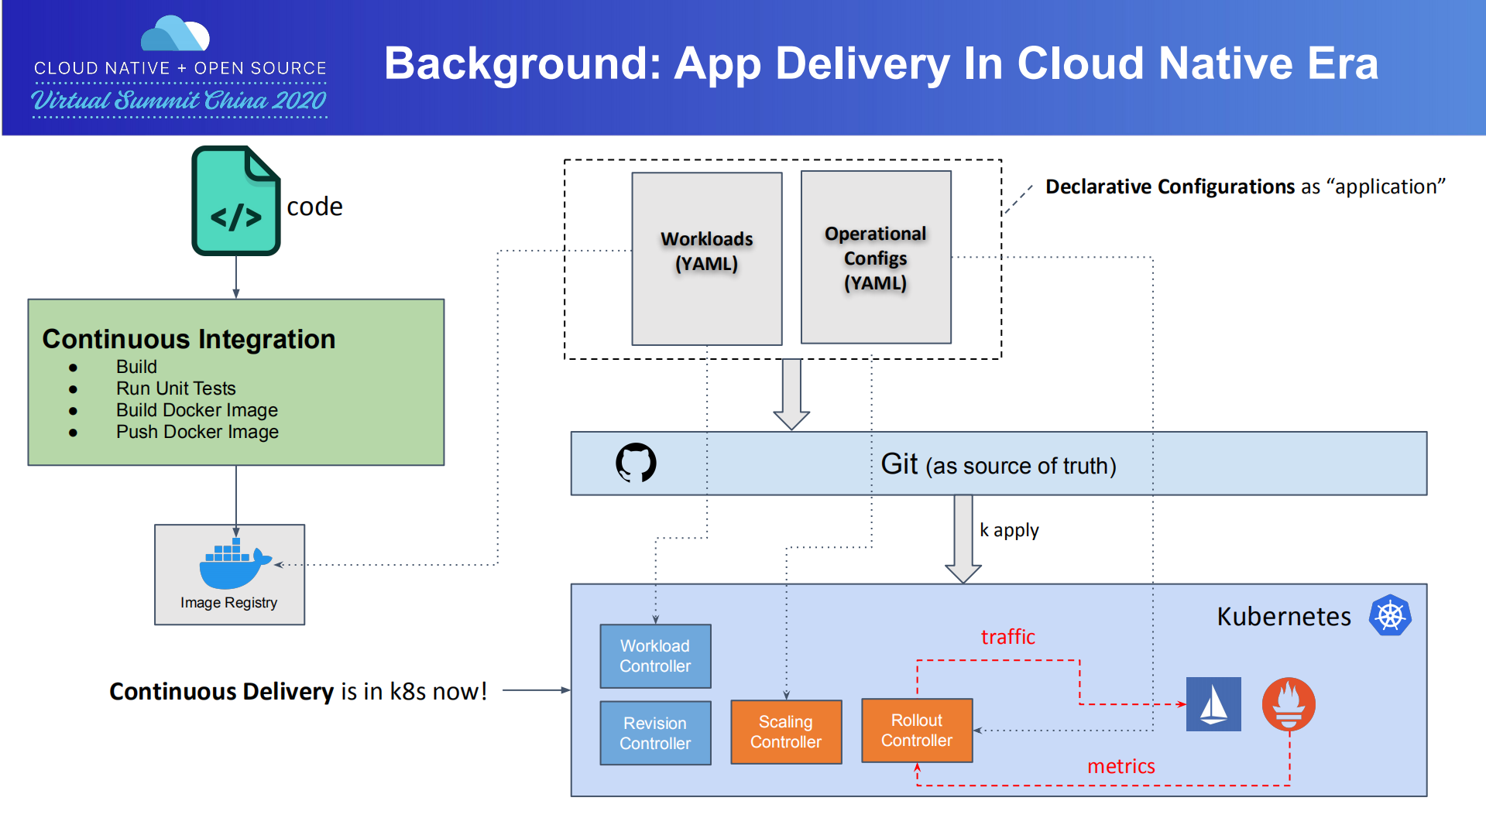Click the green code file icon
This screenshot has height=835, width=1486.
235,201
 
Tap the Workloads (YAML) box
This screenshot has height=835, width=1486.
706,258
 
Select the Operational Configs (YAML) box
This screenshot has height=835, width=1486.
875,257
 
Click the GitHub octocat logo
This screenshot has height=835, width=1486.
636,463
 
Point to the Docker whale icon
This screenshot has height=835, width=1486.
233,564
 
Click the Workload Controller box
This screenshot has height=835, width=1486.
655,655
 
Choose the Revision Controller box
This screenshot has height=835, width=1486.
655,733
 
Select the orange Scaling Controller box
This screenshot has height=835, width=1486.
785,731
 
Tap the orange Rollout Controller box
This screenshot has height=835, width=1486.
916,730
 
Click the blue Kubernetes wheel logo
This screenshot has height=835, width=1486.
1390,616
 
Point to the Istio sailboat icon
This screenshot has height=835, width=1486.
1213,704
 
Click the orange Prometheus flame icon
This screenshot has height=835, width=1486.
1289,704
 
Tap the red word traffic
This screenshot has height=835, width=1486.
1007,637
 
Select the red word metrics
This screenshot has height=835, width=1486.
1121,766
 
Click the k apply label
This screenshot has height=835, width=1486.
1008,530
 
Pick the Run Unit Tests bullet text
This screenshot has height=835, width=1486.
176,388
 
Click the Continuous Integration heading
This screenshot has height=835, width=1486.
189,339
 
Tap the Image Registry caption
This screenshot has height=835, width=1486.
228,603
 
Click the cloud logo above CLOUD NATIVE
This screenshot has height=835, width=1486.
176,34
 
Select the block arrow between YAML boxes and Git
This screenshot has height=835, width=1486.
791,394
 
